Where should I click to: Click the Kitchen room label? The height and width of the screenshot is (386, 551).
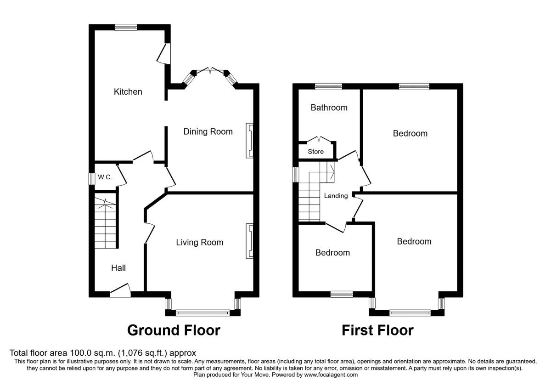click(x=128, y=92)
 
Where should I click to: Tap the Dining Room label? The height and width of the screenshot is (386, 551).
click(x=208, y=132)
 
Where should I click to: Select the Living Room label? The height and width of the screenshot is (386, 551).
click(x=200, y=243)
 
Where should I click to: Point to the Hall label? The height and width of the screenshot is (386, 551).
click(x=118, y=268)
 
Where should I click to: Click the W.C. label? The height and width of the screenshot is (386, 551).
click(x=101, y=177)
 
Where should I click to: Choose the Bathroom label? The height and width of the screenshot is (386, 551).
click(x=329, y=108)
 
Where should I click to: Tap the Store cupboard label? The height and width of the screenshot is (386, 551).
click(x=315, y=152)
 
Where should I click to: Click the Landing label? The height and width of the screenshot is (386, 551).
click(x=336, y=196)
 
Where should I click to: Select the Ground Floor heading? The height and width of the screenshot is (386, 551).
click(x=174, y=330)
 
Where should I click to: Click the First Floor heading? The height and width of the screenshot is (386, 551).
click(x=377, y=330)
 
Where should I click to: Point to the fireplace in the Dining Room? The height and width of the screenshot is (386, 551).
click(x=249, y=141)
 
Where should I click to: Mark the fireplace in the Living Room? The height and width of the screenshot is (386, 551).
click(x=249, y=241)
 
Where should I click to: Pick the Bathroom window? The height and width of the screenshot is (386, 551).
click(x=328, y=86)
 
